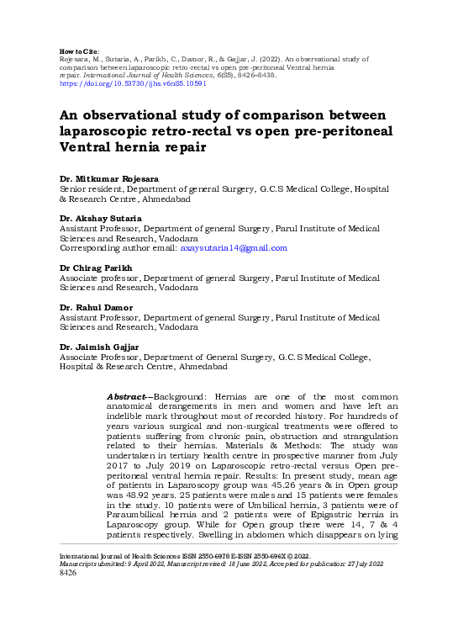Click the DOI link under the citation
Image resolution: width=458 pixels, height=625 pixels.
coord(121,85)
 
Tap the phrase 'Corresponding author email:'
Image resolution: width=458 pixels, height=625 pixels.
coord(118,247)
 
